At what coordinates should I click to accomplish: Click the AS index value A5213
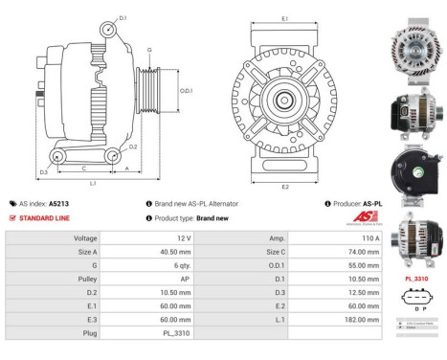[59, 204]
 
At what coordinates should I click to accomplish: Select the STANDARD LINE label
[45, 217]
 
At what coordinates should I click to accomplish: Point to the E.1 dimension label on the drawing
[285, 18]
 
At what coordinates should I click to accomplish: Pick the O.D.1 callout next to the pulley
[186, 90]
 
